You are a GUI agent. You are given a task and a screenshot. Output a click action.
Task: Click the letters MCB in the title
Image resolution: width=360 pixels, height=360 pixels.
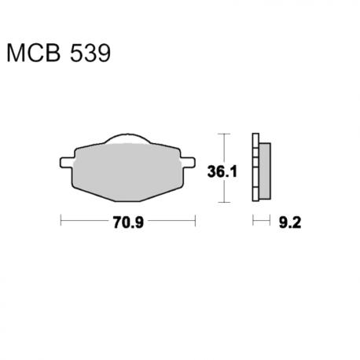pos(33,53)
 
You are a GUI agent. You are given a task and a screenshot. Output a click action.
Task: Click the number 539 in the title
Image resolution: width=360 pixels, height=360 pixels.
pos(90,53)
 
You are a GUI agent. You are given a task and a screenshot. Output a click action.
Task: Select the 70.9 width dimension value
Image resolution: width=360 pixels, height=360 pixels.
pos(128,222)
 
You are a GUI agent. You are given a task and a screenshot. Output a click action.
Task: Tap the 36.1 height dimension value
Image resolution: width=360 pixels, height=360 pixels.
pos(222,172)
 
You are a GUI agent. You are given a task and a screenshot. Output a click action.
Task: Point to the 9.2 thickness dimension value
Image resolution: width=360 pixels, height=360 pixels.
pos(290,222)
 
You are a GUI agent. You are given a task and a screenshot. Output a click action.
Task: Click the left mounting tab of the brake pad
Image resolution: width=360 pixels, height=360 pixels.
pos(67,162)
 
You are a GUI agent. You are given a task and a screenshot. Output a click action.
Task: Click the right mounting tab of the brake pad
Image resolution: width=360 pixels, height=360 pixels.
pos(188,162)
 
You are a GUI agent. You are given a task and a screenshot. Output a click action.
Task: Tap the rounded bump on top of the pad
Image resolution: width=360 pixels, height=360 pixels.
pos(128,138)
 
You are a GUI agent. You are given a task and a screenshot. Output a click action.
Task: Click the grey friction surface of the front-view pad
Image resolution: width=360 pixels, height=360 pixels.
pos(127,172)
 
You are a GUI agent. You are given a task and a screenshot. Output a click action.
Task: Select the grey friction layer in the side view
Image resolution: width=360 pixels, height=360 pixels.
pos(265,171)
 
